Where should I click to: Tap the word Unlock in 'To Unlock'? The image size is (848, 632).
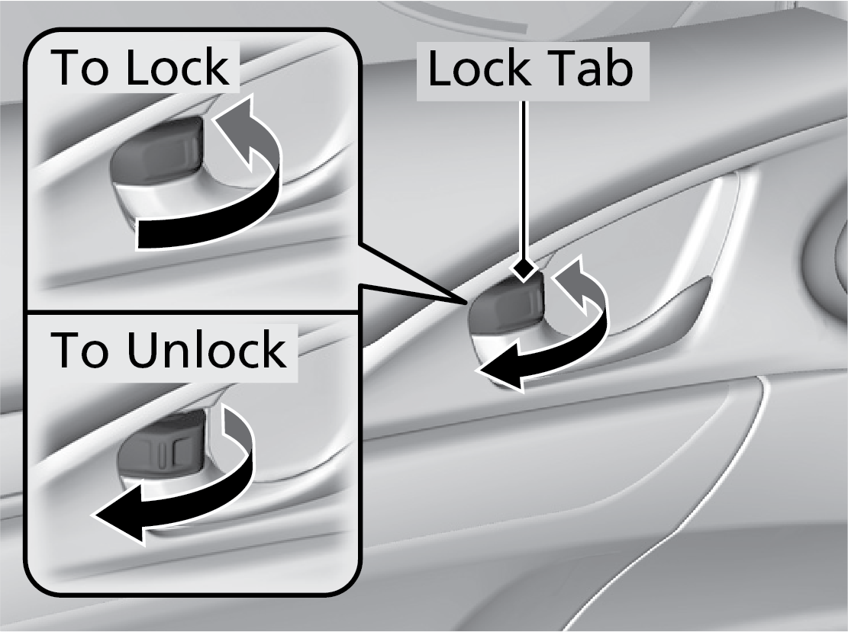(206, 350)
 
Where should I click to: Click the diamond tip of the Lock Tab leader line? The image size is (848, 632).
(523, 269)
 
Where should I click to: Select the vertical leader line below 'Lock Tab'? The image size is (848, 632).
(523, 183)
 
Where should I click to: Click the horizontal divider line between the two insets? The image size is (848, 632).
(191, 312)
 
